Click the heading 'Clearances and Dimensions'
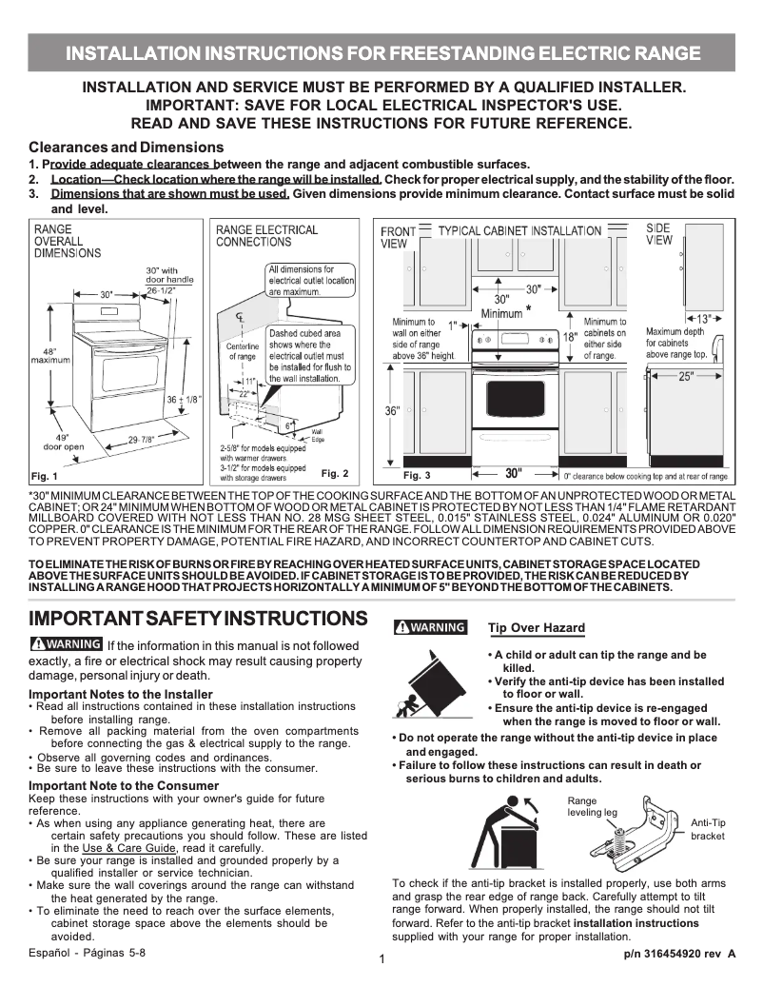click(127, 148)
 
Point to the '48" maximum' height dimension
click(44, 357)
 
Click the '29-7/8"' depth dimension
click(141, 439)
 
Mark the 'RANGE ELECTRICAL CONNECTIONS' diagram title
click(266, 236)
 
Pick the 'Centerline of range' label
click(242, 351)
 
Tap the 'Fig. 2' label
click(335, 473)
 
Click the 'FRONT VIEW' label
click(398, 237)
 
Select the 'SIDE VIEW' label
click(658, 234)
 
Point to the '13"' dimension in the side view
click(702, 318)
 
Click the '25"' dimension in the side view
click(686, 377)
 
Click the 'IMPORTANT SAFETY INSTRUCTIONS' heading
click(198, 619)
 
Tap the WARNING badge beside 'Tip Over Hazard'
click(430, 627)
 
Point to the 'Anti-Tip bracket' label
click(708, 829)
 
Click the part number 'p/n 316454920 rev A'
click(679, 953)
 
